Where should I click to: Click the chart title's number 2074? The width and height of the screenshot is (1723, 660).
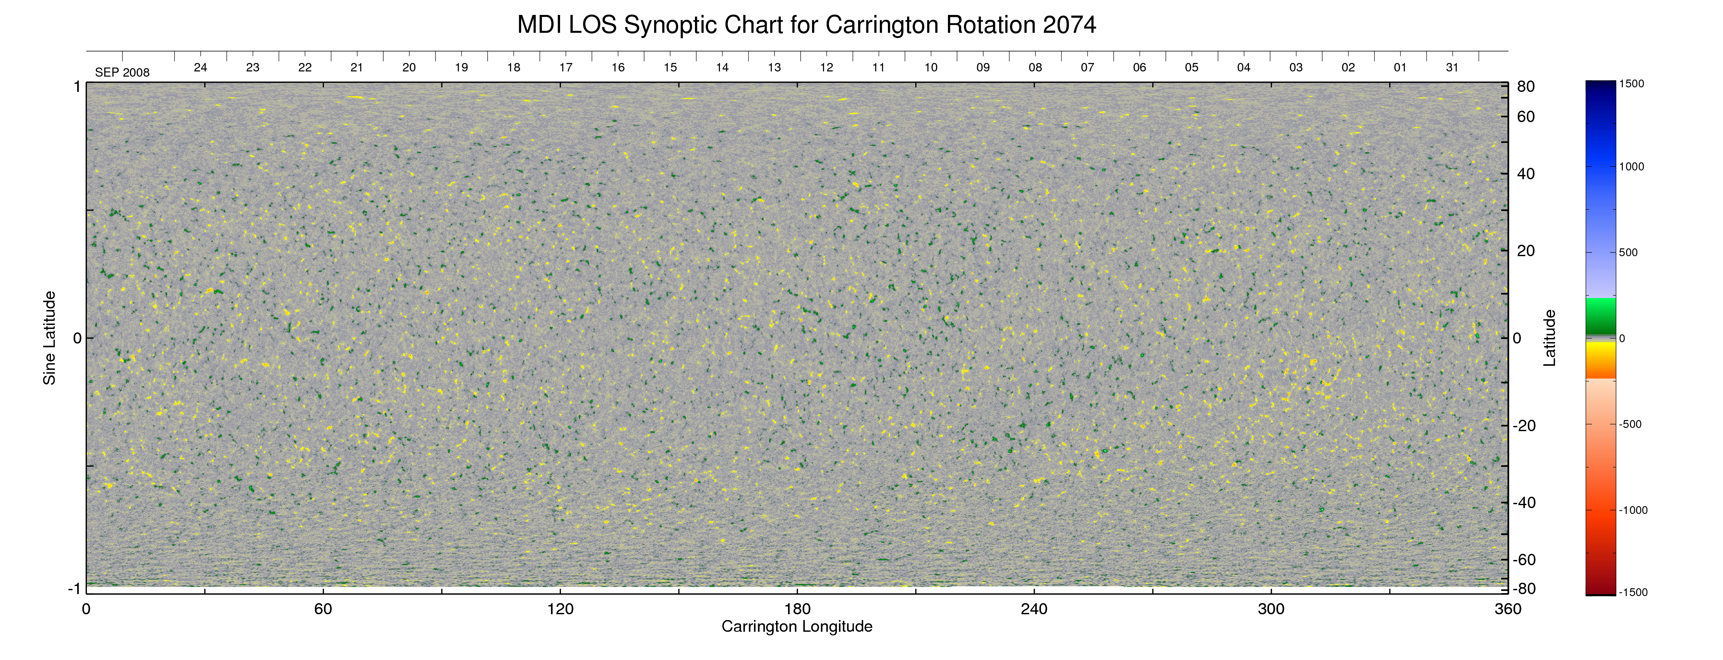(1069, 25)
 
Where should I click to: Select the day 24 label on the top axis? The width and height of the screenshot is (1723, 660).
(200, 68)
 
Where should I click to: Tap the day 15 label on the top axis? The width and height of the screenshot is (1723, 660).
(670, 68)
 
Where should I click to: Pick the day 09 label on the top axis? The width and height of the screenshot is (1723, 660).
(983, 68)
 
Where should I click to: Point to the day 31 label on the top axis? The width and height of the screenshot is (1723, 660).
(1452, 68)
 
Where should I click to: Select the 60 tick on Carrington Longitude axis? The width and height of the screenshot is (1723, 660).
(323, 609)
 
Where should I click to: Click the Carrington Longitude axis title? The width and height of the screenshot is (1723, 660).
(796, 627)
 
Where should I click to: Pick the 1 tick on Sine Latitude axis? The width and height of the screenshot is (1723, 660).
(77, 87)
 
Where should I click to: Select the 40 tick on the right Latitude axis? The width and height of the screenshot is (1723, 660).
(1526, 174)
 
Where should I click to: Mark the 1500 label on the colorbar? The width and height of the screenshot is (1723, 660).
(1631, 84)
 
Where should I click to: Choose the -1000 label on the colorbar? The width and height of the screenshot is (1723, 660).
(1633, 510)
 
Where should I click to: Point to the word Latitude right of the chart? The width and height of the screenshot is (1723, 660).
(1549, 338)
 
